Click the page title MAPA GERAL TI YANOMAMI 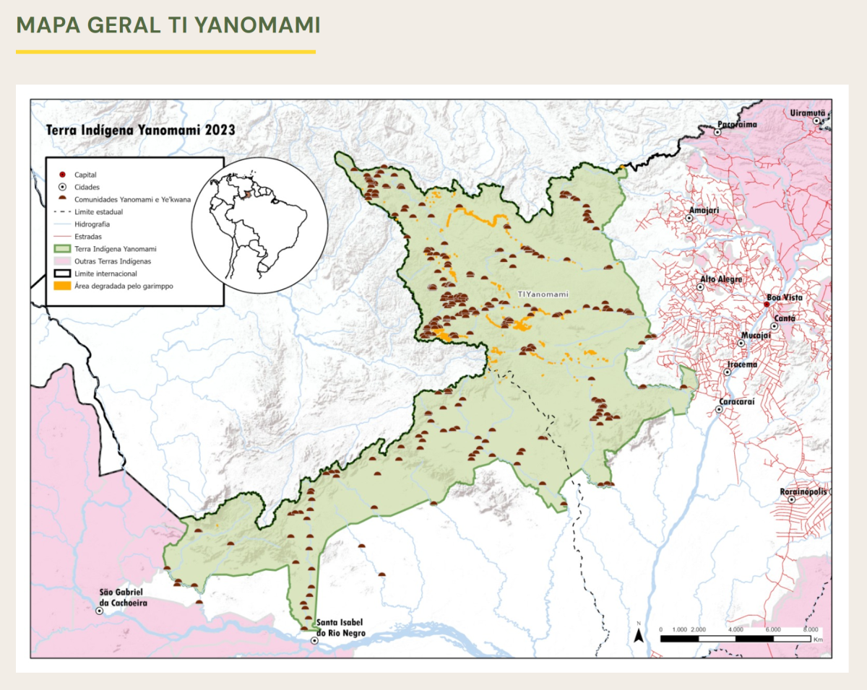pyautogui.click(x=168, y=25)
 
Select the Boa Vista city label pyautogui.click(x=784, y=297)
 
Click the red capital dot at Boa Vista pyautogui.click(x=767, y=305)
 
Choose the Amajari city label pyautogui.click(x=704, y=211)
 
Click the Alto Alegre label pyautogui.click(x=720, y=279)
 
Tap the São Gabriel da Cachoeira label pyautogui.click(x=126, y=598)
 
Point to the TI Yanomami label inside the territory pyautogui.click(x=543, y=294)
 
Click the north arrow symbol pyautogui.click(x=639, y=635)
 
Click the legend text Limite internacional pyautogui.click(x=105, y=274)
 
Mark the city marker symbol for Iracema pyautogui.click(x=728, y=372)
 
